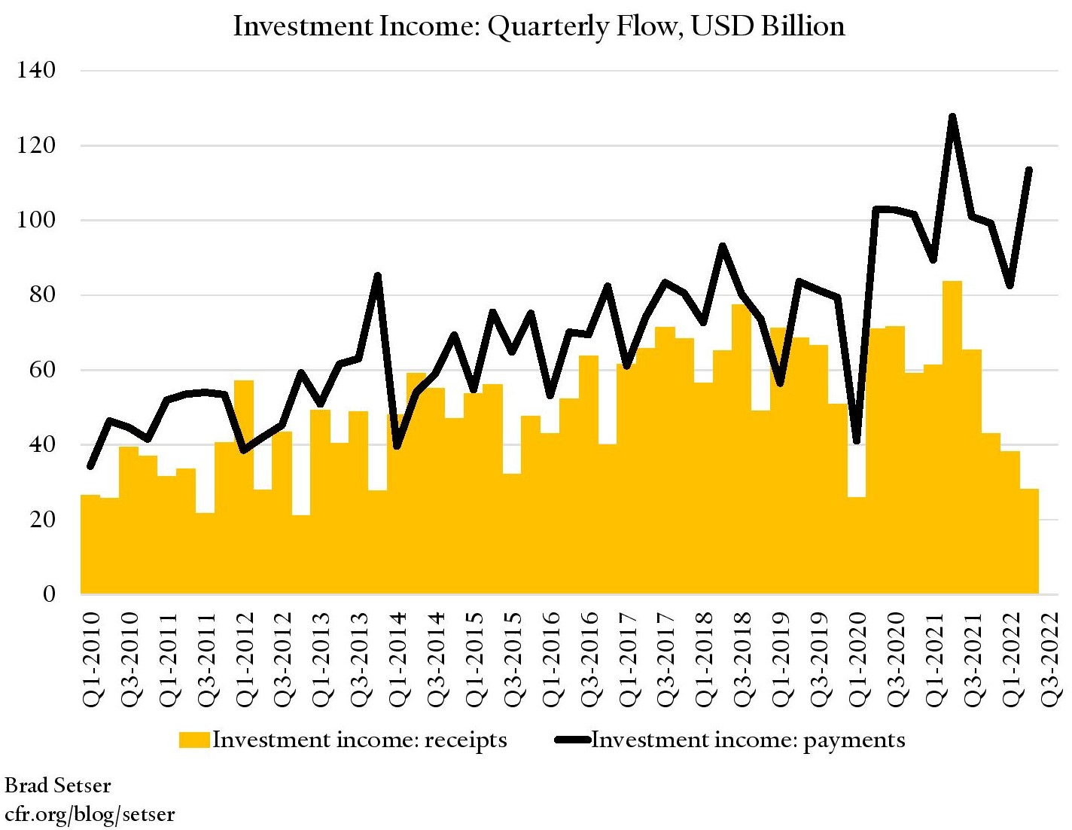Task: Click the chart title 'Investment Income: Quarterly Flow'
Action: click(x=538, y=26)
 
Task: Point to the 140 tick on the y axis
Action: click(x=36, y=71)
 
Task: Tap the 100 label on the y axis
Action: click(x=36, y=221)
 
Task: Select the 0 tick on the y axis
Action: click(x=49, y=594)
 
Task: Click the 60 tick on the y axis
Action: click(x=36, y=370)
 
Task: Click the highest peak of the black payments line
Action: click(x=952, y=117)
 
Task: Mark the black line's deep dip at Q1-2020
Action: click(x=857, y=441)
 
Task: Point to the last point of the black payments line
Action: click(x=1029, y=170)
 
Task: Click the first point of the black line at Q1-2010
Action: click(x=91, y=466)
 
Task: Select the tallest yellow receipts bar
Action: click(x=952, y=437)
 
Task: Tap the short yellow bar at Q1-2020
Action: click(x=857, y=545)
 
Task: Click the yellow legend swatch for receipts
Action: click(x=194, y=740)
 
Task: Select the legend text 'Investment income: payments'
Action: click(x=748, y=740)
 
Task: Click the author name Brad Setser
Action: click(x=58, y=786)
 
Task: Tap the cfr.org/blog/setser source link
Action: click(x=90, y=814)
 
